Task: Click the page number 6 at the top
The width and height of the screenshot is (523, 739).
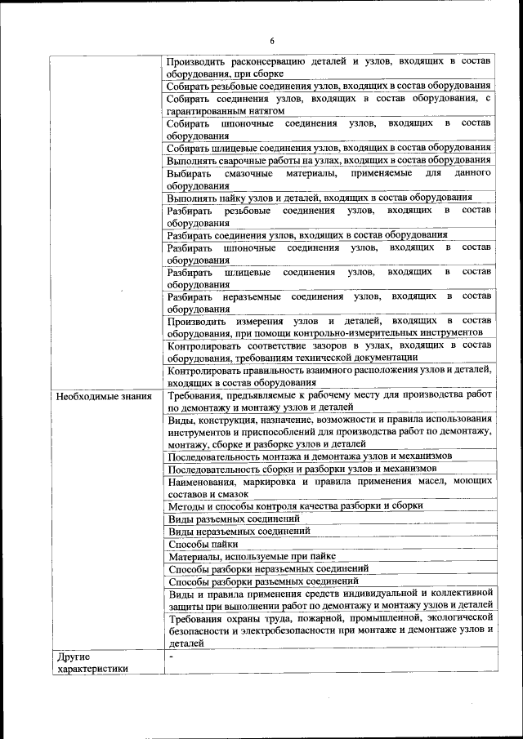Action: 272,42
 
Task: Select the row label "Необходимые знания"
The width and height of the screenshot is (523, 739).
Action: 104,398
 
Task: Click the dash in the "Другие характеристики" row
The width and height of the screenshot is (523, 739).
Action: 171,657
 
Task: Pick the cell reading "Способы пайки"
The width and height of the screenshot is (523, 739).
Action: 203,543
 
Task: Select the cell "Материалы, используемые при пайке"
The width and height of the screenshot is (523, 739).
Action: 257,555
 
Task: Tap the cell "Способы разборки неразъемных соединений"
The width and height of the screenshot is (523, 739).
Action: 268,568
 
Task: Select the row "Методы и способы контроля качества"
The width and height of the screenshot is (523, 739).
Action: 295,505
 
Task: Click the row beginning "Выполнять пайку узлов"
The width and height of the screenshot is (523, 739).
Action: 320,197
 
